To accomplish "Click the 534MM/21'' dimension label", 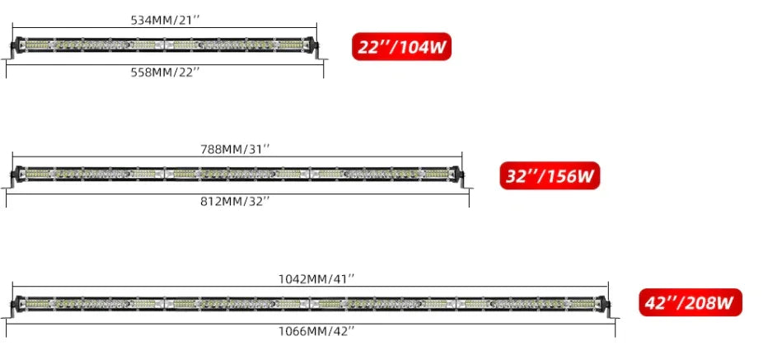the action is coord(166,20).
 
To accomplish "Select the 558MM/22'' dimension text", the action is coord(166,72).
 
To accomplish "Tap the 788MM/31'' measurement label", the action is coord(235,149).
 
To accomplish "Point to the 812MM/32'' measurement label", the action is coord(235,201).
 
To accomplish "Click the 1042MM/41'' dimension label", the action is coord(316,278).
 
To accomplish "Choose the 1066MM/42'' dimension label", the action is coord(316,331).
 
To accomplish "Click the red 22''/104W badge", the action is coord(402,47).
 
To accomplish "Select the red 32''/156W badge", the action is coord(550,175).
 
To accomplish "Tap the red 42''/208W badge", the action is coord(690,302).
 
